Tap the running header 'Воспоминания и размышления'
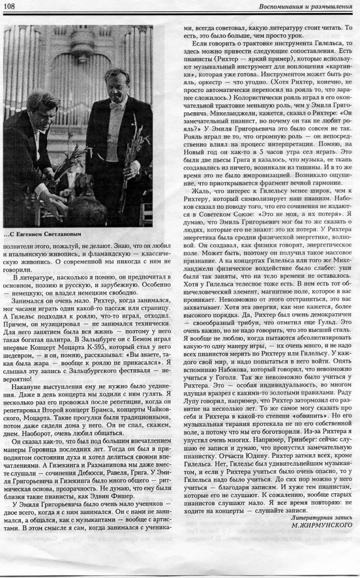(306, 6)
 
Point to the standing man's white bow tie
(117, 105)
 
